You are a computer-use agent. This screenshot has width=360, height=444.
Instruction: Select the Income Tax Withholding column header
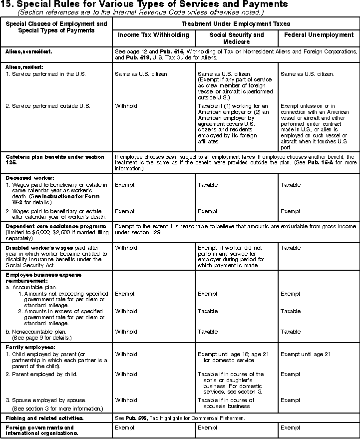click(x=153, y=35)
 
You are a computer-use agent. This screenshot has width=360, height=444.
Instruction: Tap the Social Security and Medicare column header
click(x=236, y=38)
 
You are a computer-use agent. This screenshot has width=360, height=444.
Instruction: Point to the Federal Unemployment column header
click(x=319, y=35)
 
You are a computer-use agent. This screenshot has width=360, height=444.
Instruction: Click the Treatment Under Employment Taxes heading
click(x=236, y=23)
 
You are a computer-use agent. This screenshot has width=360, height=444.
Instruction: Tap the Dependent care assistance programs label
click(x=56, y=226)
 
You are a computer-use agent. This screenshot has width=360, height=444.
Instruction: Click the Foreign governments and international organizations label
click(x=40, y=431)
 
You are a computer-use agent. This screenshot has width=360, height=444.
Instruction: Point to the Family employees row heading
click(x=30, y=347)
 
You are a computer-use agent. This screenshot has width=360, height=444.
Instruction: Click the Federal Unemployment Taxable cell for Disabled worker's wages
click(x=291, y=247)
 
